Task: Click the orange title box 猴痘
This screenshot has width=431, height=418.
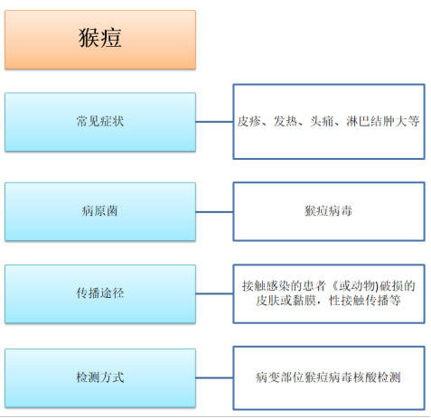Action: [100, 40]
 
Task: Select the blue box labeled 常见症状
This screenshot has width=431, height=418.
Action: [100, 122]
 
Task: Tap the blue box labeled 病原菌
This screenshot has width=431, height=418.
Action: [100, 211]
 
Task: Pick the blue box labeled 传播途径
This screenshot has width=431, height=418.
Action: [100, 294]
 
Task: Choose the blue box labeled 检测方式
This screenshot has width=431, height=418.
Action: [100, 378]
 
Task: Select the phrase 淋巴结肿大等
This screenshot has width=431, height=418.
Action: [383, 121]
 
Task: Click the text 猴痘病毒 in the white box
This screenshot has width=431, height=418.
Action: [328, 210]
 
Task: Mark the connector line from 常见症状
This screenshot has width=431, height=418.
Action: [214, 122]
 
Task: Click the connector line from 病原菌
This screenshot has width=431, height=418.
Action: [214, 212]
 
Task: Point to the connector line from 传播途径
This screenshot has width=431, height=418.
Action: [214, 293]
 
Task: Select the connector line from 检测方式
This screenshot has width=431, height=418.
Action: [214, 377]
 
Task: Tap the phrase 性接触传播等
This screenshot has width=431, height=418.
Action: [365, 301]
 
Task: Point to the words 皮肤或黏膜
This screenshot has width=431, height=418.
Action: [286, 301]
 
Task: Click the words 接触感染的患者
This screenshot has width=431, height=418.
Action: [284, 285]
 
